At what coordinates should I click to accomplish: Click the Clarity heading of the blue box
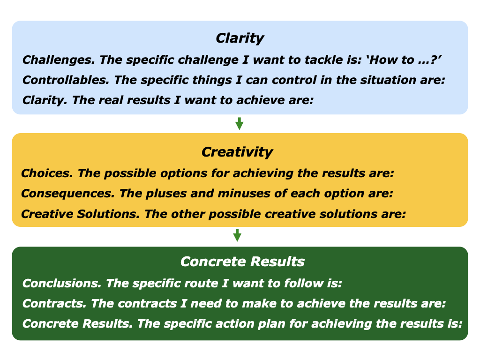[x=240, y=38]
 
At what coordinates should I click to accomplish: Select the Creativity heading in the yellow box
[x=237, y=152]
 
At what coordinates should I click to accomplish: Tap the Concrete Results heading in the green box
[x=242, y=262]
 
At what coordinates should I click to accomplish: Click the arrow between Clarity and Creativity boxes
[x=239, y=124]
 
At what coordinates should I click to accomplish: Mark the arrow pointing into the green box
[x=237, y=235]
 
